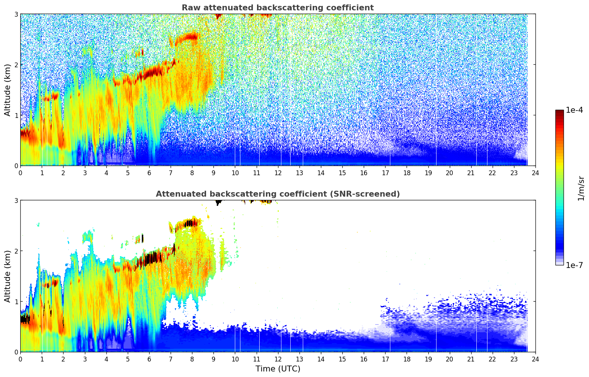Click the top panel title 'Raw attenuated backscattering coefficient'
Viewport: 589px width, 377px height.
pos(277,8)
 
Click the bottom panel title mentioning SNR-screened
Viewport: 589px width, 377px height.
pos(277,194)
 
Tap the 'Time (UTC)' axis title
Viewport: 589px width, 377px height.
pos(278,368)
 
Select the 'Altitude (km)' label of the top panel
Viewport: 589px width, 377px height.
pos(8,90)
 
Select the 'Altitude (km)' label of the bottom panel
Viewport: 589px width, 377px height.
pos(8,276)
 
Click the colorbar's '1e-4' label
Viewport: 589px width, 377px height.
pos(574,110)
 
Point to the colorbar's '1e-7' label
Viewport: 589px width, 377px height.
pos(574,265)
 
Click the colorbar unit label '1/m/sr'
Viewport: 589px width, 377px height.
pos(581,188)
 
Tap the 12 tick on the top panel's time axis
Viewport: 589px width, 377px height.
pos(278,173)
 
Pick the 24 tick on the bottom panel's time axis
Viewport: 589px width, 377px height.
pos(535,359)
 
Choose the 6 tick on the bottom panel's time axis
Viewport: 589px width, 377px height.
pos(149,359)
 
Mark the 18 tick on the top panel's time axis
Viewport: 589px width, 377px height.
pos(407,173)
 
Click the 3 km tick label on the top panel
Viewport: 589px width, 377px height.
pos(16,14)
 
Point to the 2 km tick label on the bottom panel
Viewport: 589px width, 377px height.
pos(16,251)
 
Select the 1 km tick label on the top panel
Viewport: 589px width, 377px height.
pos(16,115)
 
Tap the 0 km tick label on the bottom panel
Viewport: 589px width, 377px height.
pos(16,352)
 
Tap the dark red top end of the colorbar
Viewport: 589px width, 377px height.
pos(559,112)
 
